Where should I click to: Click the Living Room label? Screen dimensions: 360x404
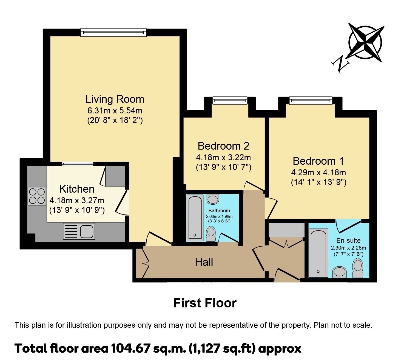point(115,99)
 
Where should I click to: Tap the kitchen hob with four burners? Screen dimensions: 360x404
point(37,196)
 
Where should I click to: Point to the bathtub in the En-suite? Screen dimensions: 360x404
point(318,253)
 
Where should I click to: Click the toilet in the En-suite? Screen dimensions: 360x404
point(358,268)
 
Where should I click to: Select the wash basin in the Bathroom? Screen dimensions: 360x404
point(213,199)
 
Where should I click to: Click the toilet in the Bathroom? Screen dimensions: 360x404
point(211,234)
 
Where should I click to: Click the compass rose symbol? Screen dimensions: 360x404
point(365,42)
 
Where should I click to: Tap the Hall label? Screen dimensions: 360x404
point(204,262)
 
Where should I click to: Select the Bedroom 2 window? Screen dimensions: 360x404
point(230,101)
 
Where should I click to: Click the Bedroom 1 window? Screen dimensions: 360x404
point(310,101)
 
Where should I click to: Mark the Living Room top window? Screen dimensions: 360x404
point(113,33)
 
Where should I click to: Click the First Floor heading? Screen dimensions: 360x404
point(205,303)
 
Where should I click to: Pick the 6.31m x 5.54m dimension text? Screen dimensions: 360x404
point(115,111)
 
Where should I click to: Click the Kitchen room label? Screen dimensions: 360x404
point(77,189)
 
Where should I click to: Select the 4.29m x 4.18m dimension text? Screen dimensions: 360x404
point(318,173)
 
